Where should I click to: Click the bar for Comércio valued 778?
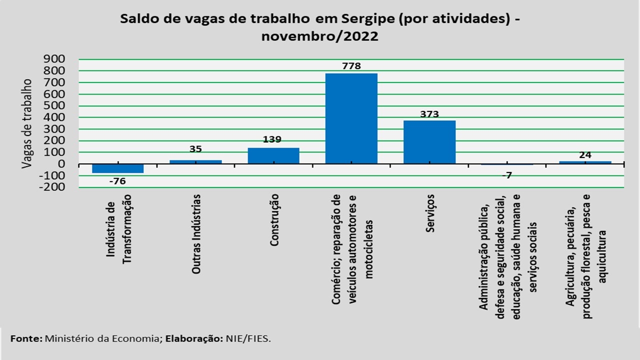coord(351,118)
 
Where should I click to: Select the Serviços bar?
coord(429,142)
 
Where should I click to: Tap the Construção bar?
coord(273,155)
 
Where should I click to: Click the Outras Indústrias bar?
coord(196,162)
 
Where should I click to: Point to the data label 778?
coord(351,66)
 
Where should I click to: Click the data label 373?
coord(429,114)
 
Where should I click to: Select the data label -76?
coord(117,181)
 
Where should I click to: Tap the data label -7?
coord(507,175)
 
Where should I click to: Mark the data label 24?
coord(585,155)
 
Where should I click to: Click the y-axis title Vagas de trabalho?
coord(27,123)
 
